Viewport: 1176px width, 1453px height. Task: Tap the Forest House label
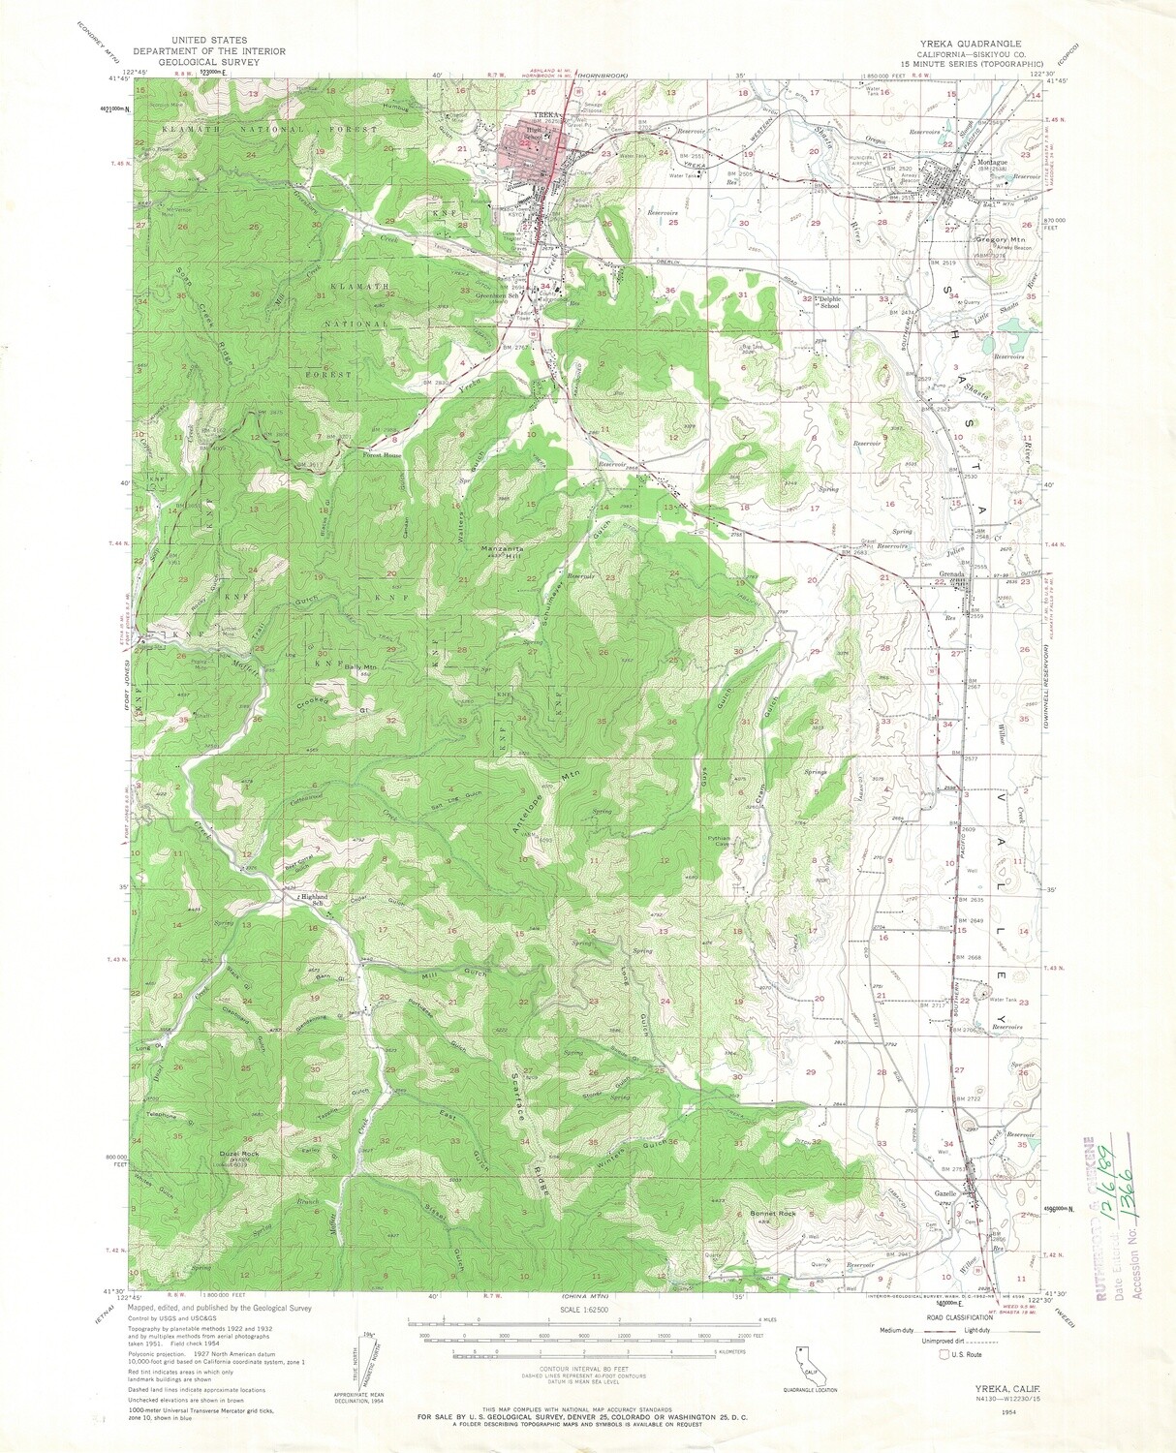click(x=382, y=455)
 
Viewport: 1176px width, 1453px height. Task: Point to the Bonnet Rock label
click(x=773, y=1214)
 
